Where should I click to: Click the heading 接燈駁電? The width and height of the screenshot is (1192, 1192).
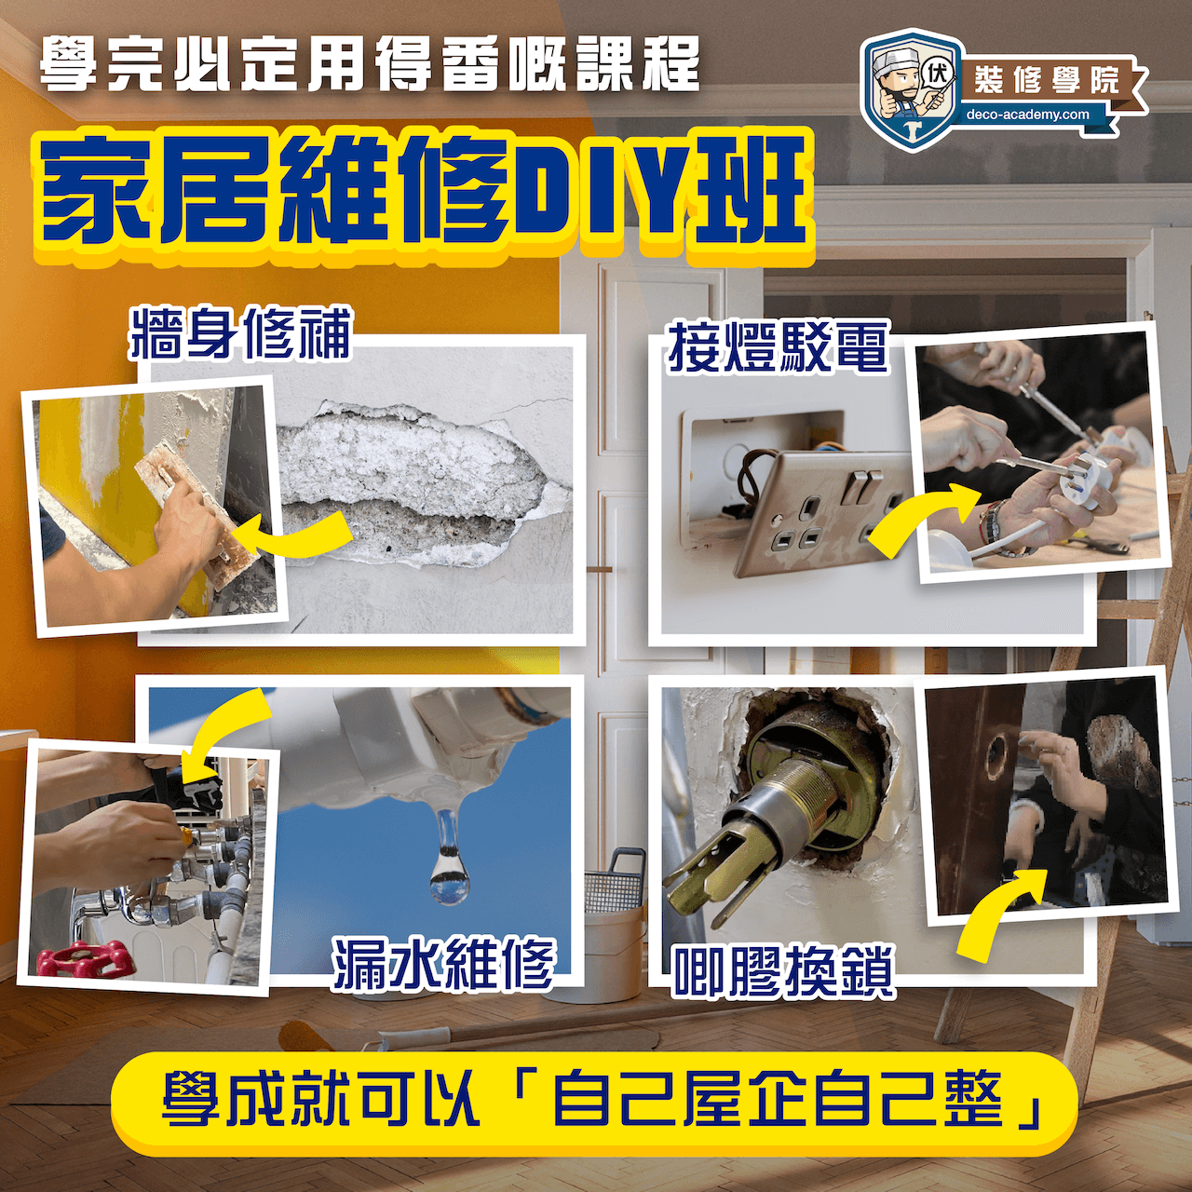[x=779, y=347]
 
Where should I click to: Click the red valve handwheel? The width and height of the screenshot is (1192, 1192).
[x=85, y=958]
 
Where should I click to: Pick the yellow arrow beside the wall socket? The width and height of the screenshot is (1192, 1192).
[x=922, y=513]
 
